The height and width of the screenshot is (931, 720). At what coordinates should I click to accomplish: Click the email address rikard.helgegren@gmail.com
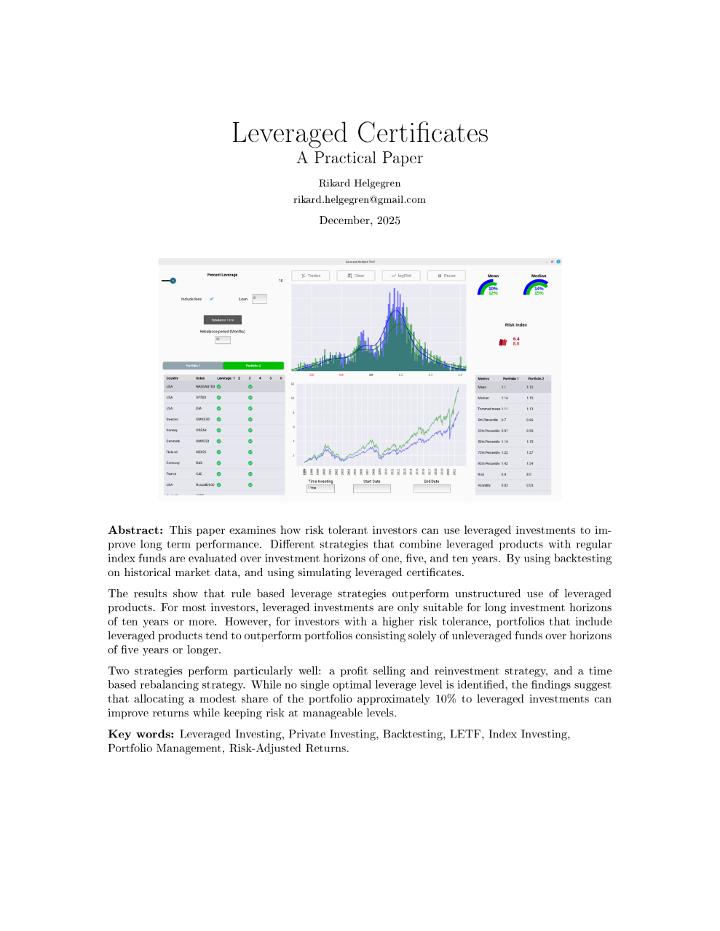(x=360, y=199)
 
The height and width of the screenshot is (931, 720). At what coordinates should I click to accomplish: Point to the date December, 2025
(x=360, y=220)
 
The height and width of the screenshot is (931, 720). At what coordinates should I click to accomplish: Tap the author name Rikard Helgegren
(x=360, y=183)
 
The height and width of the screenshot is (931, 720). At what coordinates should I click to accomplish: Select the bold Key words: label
(x=141, y=734)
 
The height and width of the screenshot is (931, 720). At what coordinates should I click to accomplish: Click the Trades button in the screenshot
(x=311, y=276)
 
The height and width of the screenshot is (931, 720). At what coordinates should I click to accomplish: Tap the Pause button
(x=447, y=276)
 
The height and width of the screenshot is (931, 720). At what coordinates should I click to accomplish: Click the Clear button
(x=356, y=276)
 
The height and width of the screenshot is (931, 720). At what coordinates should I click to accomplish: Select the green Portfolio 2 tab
(x=253, y=365)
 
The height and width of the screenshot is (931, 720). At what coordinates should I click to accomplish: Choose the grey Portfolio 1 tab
(x=192, y=365)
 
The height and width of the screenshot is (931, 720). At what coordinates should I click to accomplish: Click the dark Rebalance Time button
(x=222, y=320)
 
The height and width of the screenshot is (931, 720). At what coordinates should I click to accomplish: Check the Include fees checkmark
(x=212, y=299)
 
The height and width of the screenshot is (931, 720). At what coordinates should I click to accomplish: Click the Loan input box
(x=259, y=299)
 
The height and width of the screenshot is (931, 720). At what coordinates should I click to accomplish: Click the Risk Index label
(x=515, y=325)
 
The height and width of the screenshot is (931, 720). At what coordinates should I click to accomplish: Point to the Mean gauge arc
(x=487, y=287)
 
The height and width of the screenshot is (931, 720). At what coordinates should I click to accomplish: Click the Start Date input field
(x=371, y=489)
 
